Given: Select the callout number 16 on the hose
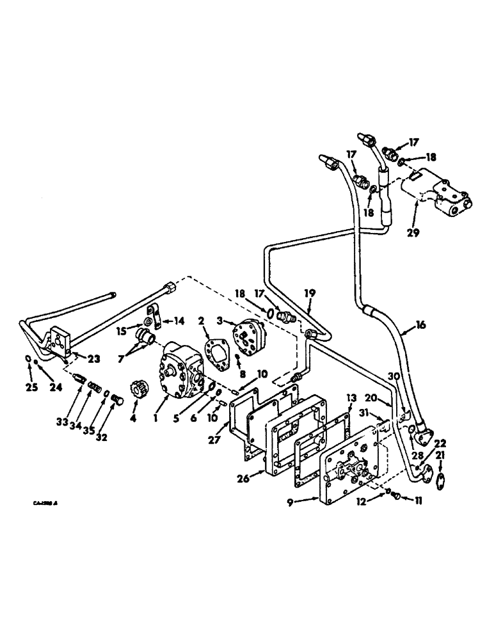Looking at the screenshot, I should point(420,326).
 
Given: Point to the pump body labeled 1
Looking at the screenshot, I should point(176,367).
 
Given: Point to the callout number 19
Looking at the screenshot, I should point(310,292).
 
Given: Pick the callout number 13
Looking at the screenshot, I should point(350,399).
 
